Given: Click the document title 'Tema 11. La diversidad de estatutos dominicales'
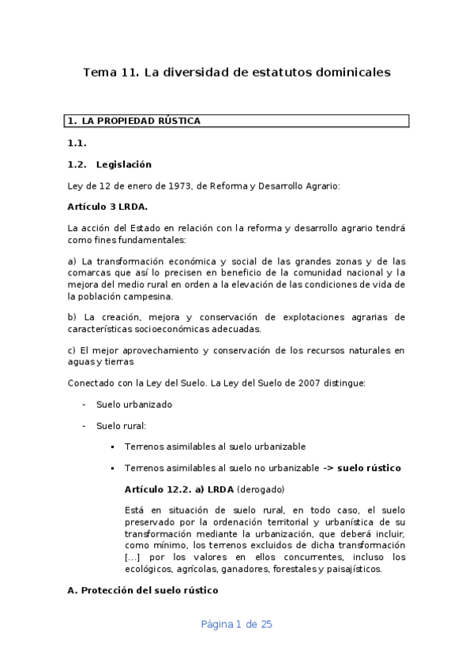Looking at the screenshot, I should (237, 73).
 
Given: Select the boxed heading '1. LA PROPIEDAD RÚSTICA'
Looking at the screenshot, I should (133, 121).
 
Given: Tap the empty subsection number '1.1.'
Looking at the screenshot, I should (77, 143).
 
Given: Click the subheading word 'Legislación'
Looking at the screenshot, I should (123, 164).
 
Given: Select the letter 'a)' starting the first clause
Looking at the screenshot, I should (73, 261).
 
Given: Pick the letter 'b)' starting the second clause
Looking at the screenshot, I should (73, 317).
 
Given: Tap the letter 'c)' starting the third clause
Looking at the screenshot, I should (73, 350).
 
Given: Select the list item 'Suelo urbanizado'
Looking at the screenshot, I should (133, 405).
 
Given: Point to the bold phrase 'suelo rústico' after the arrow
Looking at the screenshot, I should (369, 468).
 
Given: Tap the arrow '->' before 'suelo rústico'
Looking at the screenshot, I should (328, 468).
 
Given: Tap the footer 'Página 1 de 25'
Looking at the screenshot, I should (237, 624).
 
